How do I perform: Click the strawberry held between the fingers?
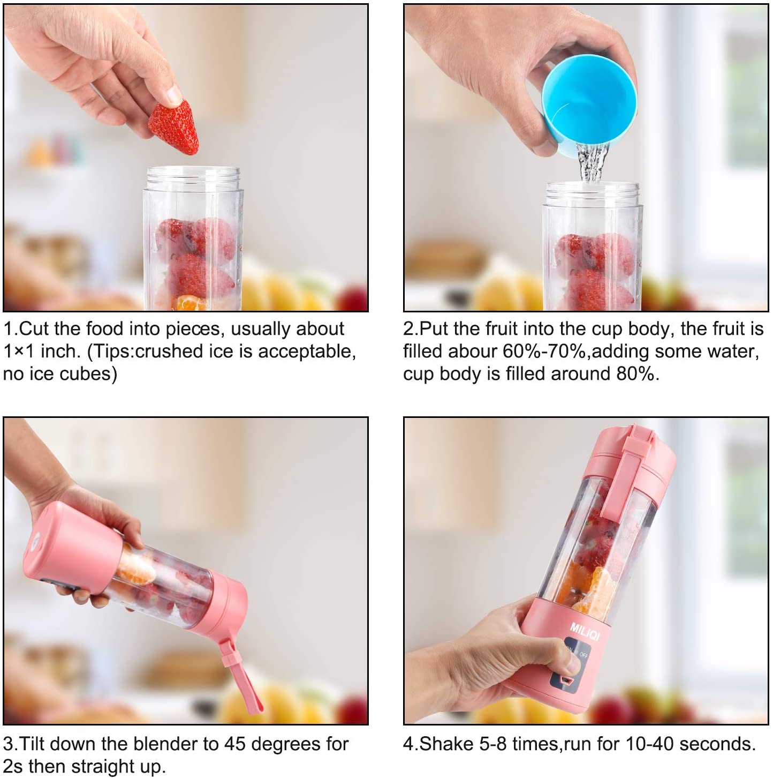point(173,128)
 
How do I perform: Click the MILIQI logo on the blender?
point(585,631)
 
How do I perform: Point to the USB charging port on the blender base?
point(564,680)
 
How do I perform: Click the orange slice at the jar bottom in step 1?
point(190,304)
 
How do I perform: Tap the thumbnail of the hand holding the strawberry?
point(107,70)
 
